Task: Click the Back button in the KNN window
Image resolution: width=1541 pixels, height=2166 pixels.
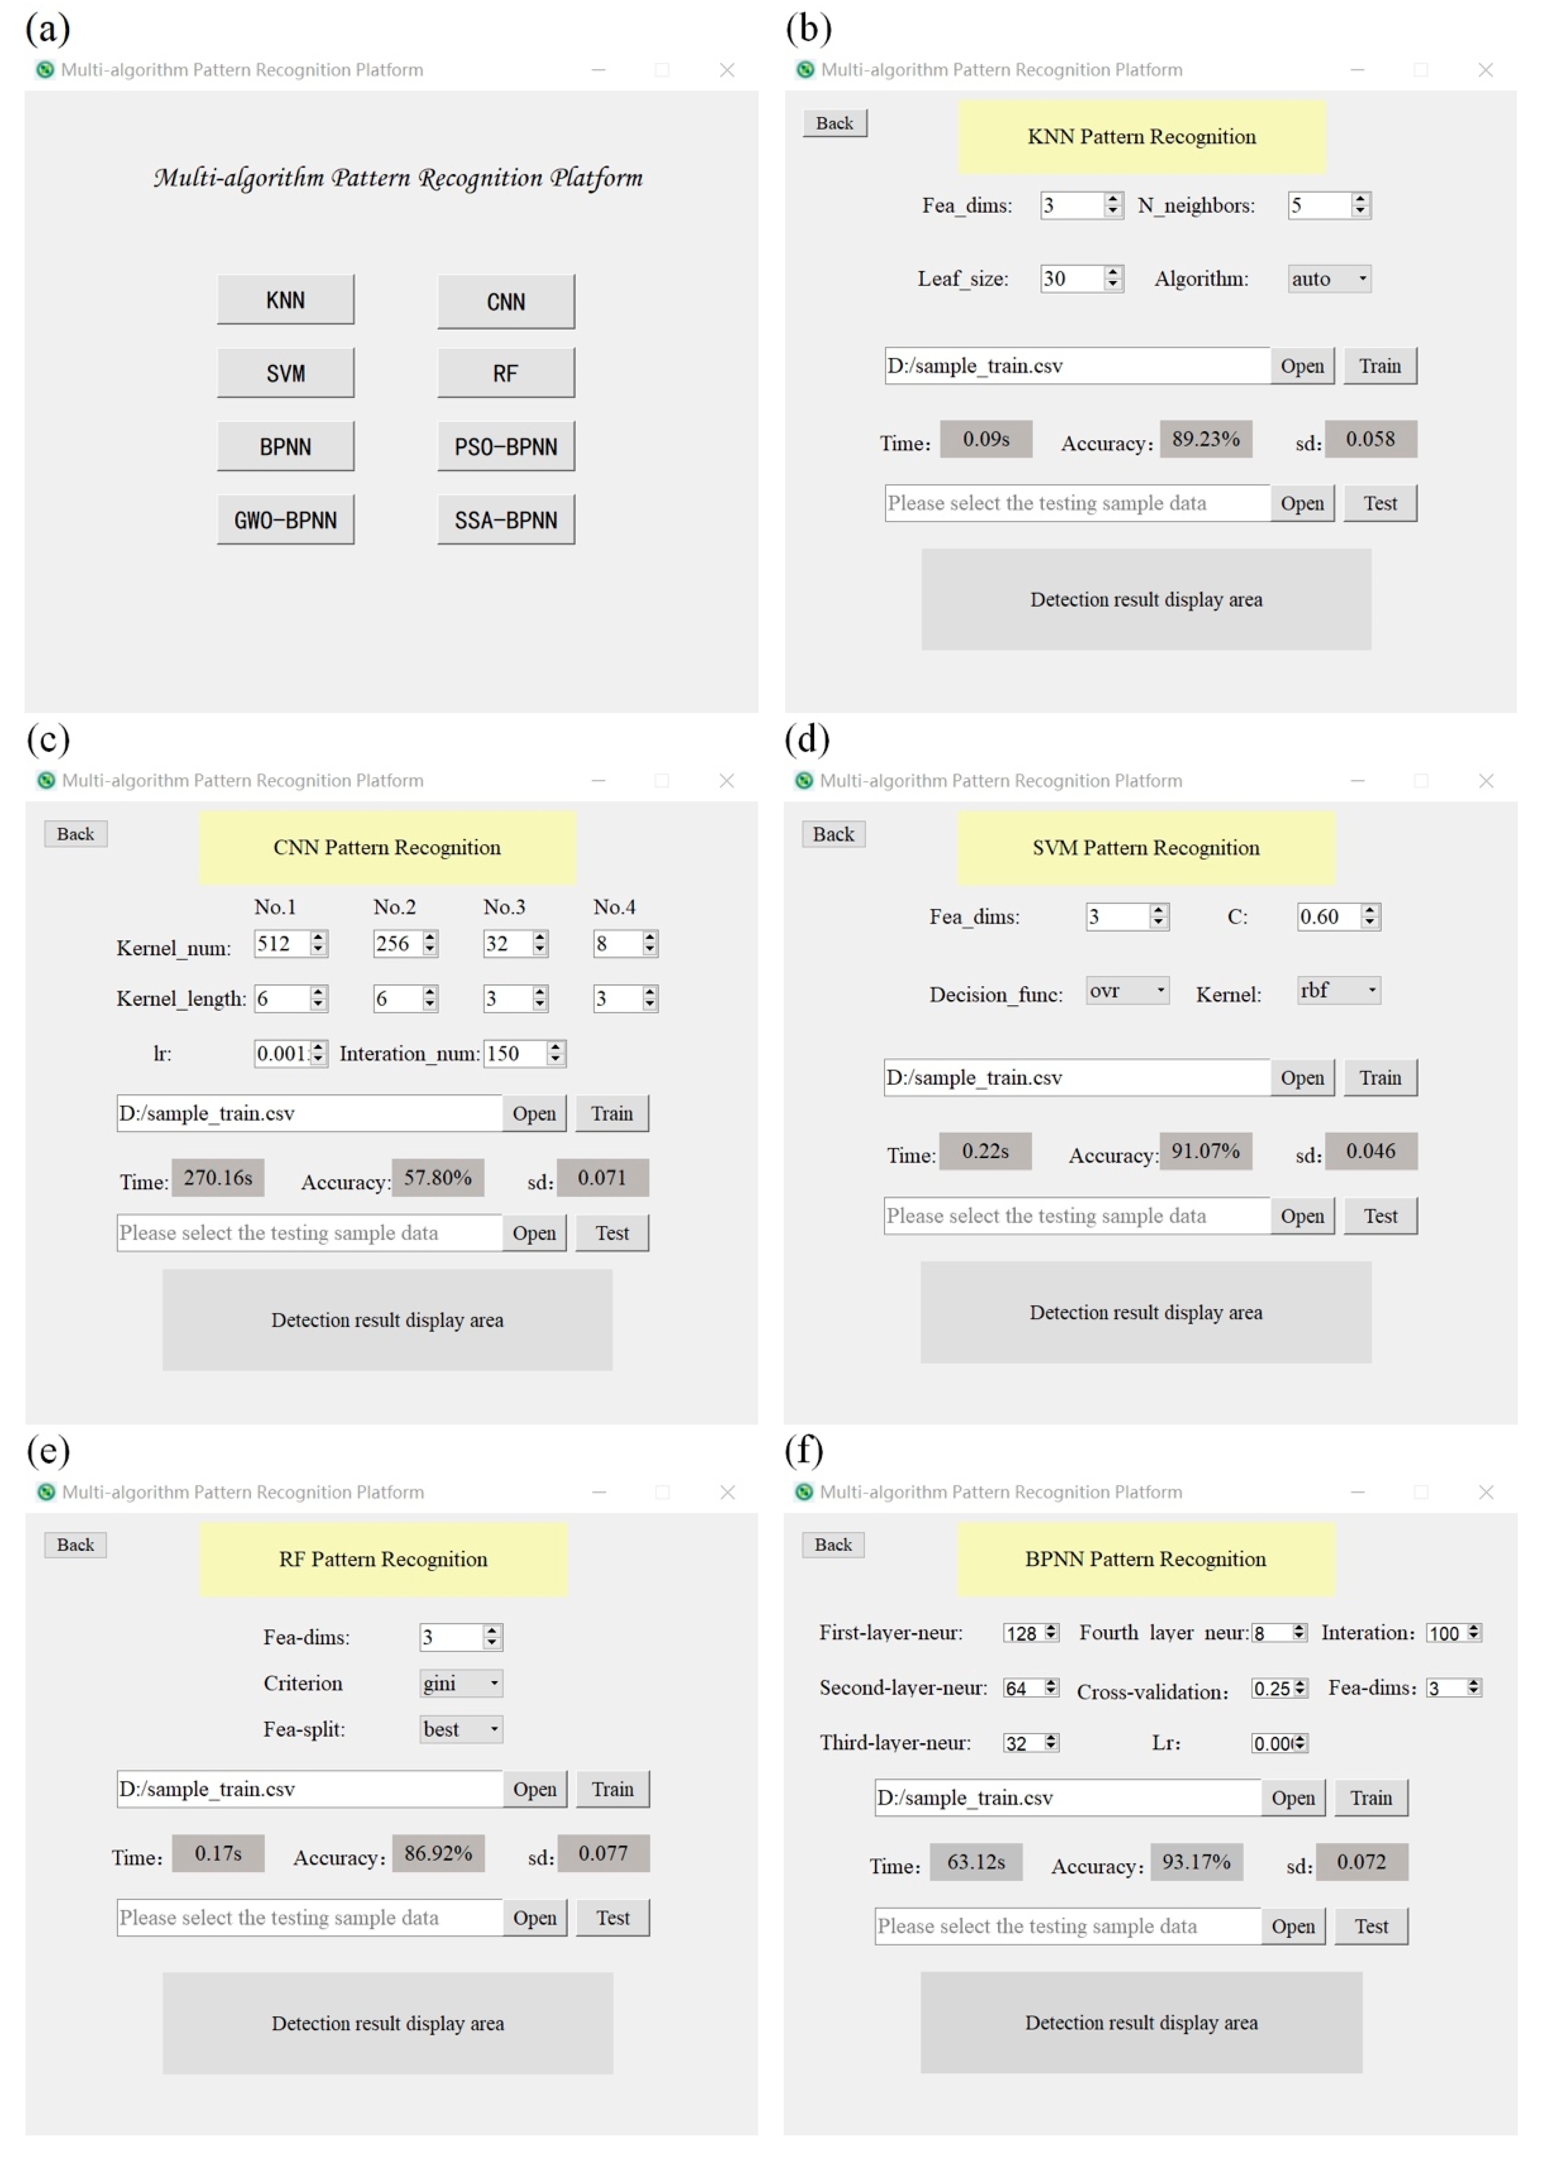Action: coord(834,123)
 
